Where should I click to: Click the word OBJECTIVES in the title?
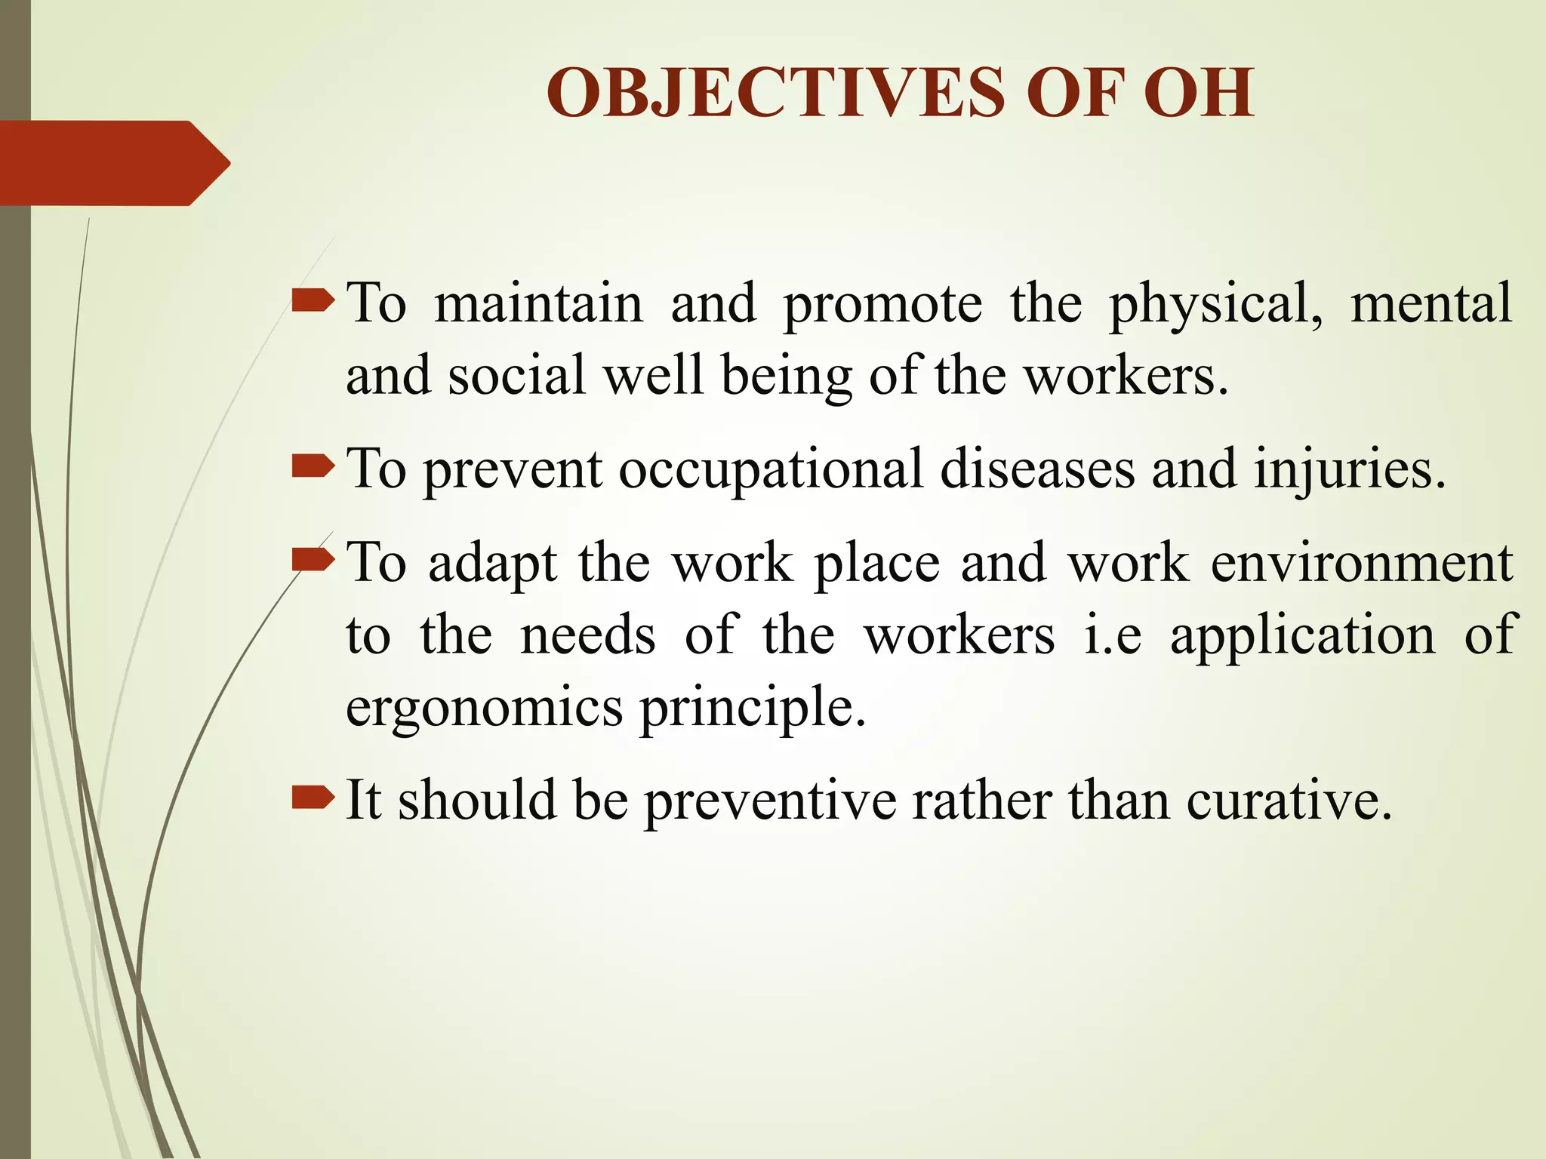(774, 93)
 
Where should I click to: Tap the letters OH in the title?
(1199, 93)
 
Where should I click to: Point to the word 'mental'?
(1431, 302)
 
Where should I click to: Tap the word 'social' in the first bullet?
(517, 374)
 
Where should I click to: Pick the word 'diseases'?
(1037, 469)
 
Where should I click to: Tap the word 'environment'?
(1362, 563)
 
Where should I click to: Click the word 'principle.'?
(753, 709)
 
